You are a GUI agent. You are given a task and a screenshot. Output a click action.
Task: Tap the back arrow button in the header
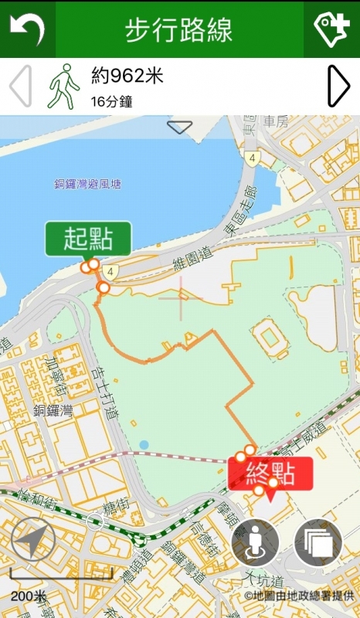click(27, 29)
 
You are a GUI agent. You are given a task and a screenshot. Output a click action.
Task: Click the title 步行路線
click(178, 30)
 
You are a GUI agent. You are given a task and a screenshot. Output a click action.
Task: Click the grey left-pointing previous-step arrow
click(21, 86)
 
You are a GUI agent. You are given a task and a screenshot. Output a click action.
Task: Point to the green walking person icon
click(64, 86)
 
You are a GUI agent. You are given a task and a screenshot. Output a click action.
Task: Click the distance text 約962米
click(127, 76)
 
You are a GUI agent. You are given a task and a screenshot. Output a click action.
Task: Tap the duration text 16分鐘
click(111, 101)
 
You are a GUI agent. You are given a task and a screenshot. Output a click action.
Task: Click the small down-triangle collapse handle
click(179, 127)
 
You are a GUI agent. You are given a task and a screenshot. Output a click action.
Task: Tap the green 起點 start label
click(87, 239)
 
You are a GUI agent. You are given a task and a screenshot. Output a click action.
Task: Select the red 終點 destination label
click(270, 473)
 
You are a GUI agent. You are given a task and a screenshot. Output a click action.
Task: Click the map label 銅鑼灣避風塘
click(87, 184)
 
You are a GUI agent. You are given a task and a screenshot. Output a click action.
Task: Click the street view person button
click(255, 542)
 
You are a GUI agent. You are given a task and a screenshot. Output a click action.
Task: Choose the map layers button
click(318, 542)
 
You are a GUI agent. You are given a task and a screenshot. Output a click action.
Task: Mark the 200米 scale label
click(29, 596)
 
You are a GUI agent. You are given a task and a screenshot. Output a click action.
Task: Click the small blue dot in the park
click(144, 444)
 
